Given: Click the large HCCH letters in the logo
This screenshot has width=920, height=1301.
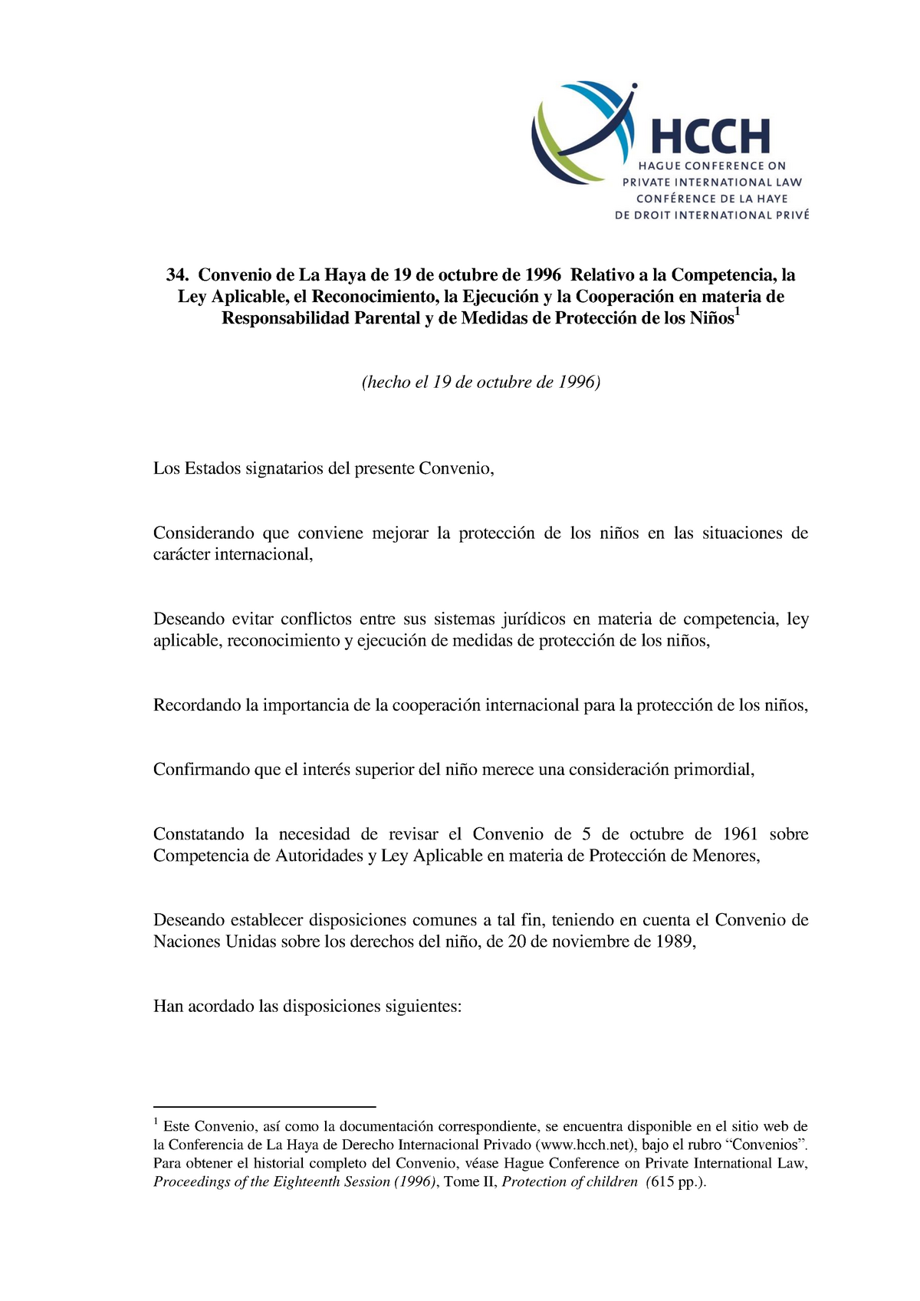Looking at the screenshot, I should [710, 137].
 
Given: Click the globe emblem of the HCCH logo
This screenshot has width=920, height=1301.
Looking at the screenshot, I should [584, 133].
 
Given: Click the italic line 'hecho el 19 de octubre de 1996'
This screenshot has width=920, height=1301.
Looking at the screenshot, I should [481, 383].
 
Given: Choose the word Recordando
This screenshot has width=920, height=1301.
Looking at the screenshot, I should [197, 705].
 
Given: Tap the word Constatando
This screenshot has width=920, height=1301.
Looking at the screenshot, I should [199, 834].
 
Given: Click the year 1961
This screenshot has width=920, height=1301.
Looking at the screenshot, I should [740, 834].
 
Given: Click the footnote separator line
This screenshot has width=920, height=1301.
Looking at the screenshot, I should [264, 1107].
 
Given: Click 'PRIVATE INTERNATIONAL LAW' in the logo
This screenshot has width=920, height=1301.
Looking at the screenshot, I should [711, 182].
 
